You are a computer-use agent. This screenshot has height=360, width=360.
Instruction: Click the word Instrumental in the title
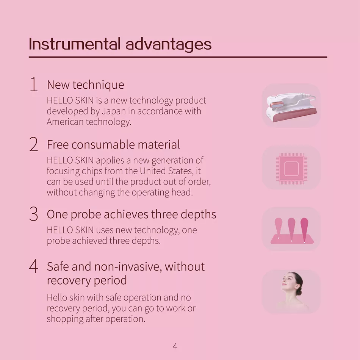pos(75,44)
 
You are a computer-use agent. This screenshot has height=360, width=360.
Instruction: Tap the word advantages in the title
pos(169,45)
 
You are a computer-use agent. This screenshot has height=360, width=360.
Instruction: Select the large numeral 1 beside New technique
pos(34,85)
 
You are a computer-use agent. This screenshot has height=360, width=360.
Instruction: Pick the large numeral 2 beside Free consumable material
pos(33,144)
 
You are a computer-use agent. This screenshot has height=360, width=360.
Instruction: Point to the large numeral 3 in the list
pos(33,214)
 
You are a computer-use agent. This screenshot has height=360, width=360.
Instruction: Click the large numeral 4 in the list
pos(33,266)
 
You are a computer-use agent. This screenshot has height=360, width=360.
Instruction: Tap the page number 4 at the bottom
pos(175,346)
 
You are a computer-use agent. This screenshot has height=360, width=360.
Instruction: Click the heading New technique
pos(85,85)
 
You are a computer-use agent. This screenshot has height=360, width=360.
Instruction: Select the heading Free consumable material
pos(113,145)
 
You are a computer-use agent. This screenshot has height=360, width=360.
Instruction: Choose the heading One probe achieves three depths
pos(131,214)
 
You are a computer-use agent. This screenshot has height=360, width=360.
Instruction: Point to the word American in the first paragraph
pos(65,122)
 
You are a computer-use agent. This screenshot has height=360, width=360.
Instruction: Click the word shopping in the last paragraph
pos(65,319)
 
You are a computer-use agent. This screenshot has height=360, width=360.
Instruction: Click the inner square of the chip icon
pos(291,169)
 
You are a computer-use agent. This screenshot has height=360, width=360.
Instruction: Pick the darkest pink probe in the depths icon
pos(304,230)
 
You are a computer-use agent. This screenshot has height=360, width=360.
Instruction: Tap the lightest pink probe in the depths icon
pos(279,228)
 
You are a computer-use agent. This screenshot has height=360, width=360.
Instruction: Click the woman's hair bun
pos(299,291)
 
